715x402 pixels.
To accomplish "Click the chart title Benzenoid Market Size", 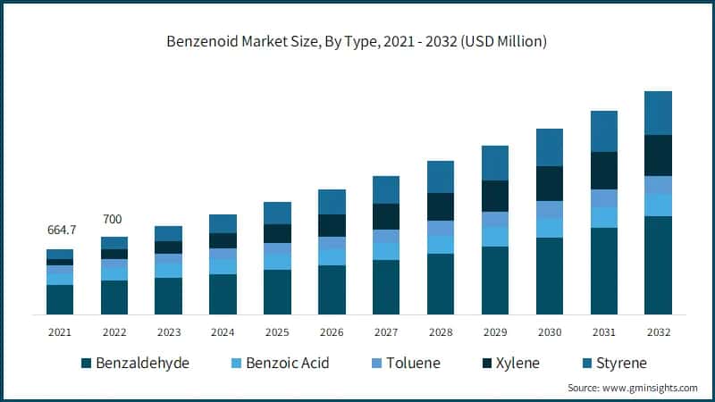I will pos(357,42).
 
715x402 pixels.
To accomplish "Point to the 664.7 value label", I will pos(61,230).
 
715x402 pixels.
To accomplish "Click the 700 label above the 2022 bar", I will pos(114,219).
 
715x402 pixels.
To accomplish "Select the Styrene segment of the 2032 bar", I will pos(658,113).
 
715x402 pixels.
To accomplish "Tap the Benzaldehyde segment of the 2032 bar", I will pos(658,265).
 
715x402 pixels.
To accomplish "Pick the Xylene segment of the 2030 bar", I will pos(550,183).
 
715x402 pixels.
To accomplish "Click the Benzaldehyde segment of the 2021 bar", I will pos(60,299).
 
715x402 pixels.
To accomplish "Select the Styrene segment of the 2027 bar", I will pos(386,189).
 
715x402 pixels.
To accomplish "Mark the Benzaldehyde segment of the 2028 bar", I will pos(441,284).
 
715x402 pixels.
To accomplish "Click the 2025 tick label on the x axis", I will pos(277,331).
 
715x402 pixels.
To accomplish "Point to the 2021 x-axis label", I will pos(60,331).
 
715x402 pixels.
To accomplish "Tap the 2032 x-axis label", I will pos(658,331).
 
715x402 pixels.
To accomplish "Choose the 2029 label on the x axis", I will pos(495,331).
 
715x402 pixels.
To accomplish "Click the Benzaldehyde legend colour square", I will pos(86,364).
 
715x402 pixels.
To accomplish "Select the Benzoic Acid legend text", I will pos(289,364).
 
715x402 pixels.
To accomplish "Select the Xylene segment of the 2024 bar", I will pos(223,240).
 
